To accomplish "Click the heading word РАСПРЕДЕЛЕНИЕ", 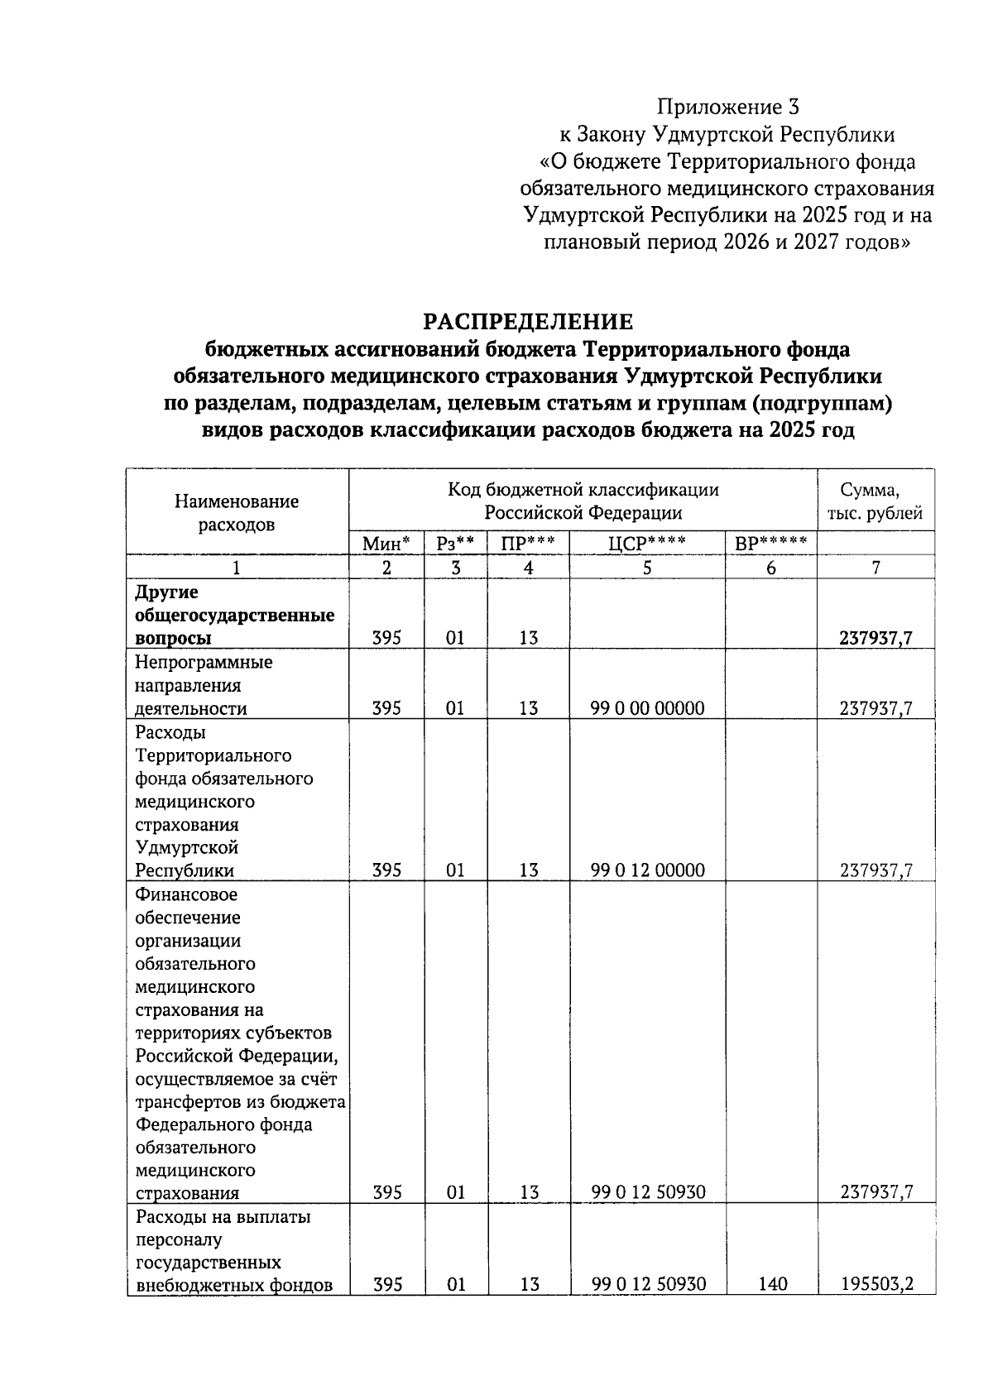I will [x=528, y=321].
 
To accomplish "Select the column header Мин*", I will [x=386, y=544].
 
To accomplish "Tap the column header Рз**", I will [x=455, y=544].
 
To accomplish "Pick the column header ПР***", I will [x=528, y=544].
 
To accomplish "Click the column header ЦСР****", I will [x=646, y=544].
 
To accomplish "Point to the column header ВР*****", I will [x=770, y=544].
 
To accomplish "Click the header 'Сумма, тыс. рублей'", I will [x=875, y=501].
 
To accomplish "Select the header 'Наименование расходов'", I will [x=237, y=512].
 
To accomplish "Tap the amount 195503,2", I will [x=877, y=1284].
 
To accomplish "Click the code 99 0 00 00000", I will [x=647, y=708].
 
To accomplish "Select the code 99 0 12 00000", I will [x=647, y=870].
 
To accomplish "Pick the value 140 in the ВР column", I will [x=771, y=1284].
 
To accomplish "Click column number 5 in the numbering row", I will [x=646, y=568].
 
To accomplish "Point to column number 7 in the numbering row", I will [x=875, y=568].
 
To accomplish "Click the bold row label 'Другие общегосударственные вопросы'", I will [x=234, y=616].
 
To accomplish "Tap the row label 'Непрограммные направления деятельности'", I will [x=204, y=685].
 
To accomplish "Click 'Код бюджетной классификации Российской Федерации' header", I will [x=583, y=501].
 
